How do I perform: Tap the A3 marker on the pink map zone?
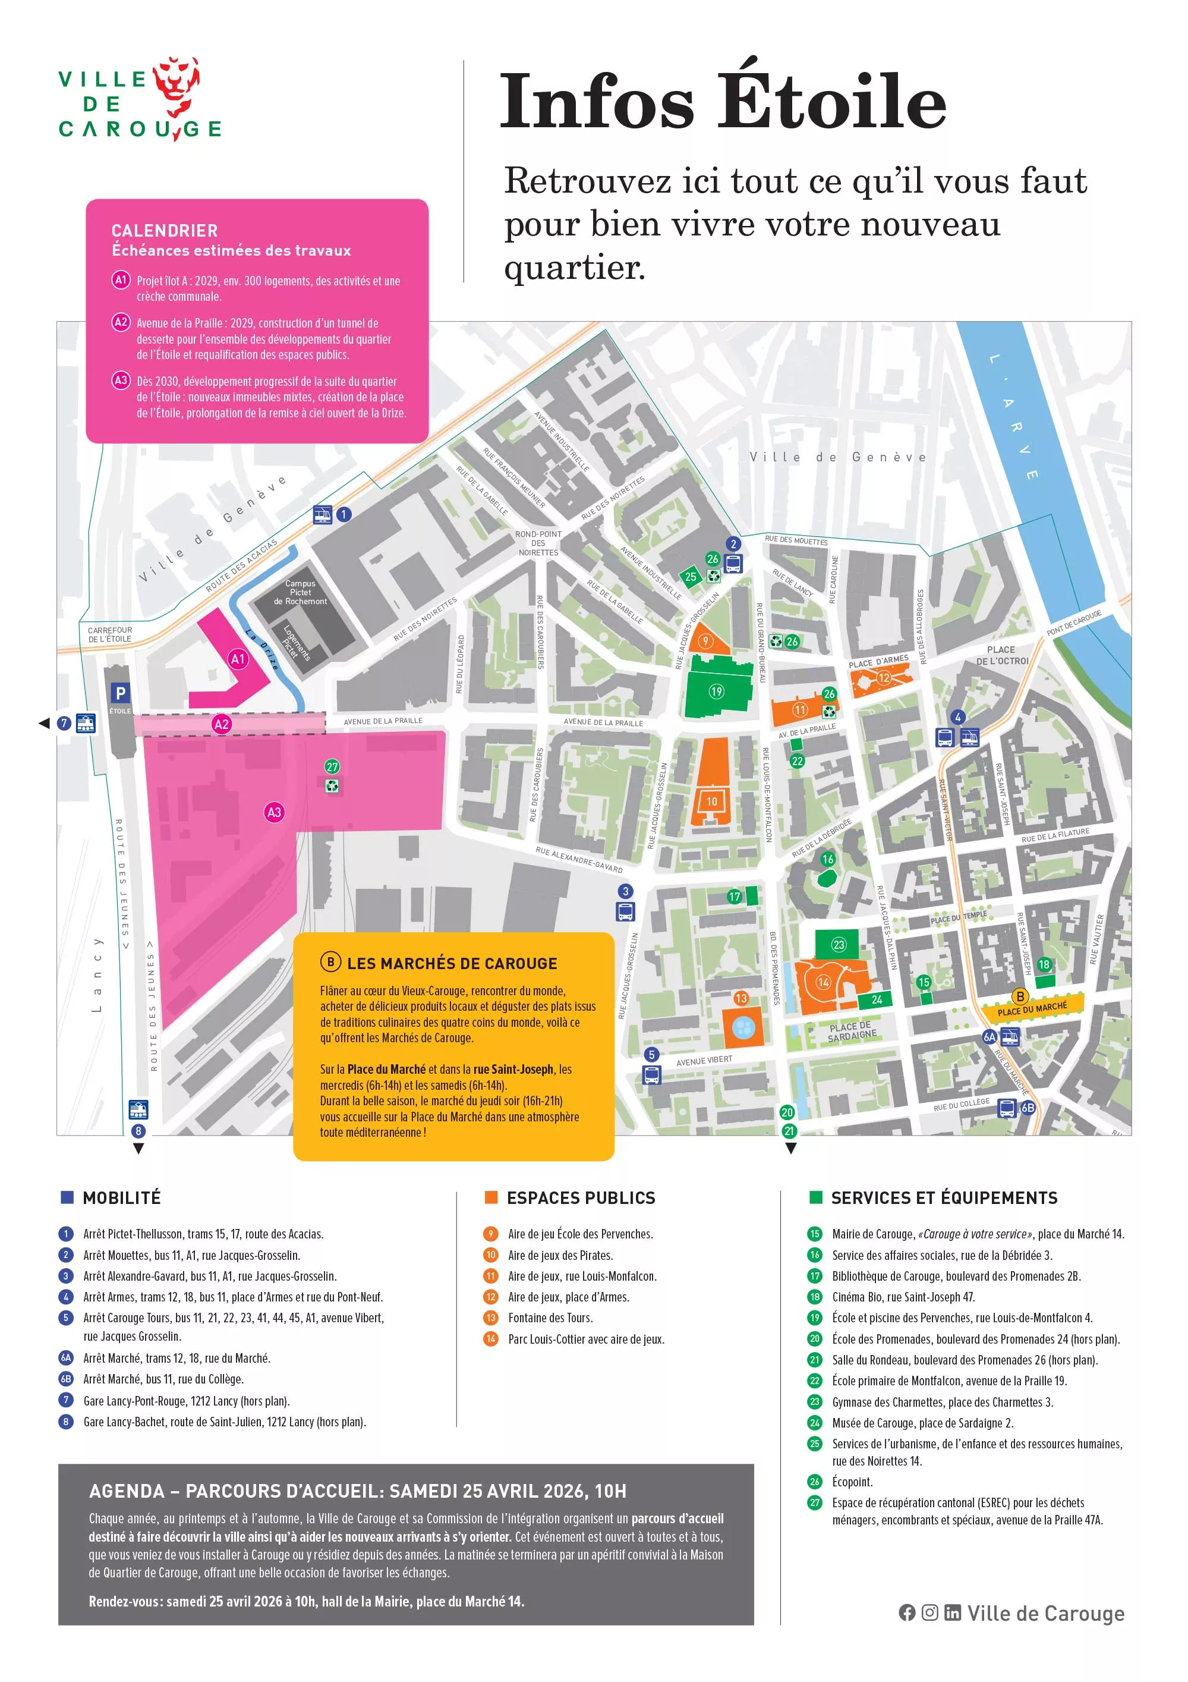pos(274,812)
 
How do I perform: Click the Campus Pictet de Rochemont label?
pos(300,592)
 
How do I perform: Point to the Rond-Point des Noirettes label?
pos(538,543)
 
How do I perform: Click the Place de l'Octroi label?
pos(1001,655)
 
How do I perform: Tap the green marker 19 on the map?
pos(716,691)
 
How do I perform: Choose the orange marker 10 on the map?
pos(711,801)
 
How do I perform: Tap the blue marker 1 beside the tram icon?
pos(344,514)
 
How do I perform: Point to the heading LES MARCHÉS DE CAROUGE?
pos(451,963)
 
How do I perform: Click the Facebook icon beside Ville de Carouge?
pos(907,1612)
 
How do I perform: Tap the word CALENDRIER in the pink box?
pos(165,231)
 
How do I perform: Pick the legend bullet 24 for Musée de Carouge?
pos(814,1423)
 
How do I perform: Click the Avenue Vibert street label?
pos(704,1060)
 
